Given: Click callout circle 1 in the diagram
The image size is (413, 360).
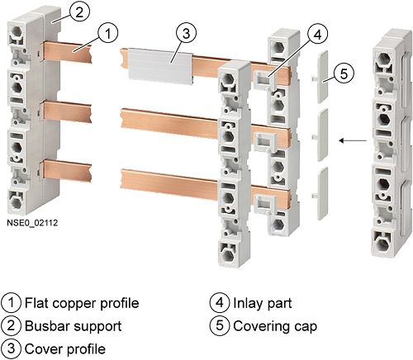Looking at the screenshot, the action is pyautogui.click(x=107, y=33).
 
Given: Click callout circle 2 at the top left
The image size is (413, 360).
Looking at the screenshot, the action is pyautogui.click(x=79, y=12).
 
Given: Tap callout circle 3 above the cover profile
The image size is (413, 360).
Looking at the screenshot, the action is pyautogui.click(x=186, y=34).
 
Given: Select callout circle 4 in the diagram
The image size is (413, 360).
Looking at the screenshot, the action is pyautogui.click(x=317, y=35).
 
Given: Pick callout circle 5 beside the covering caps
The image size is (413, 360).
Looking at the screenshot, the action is pyautogui.click(x=344, y=73).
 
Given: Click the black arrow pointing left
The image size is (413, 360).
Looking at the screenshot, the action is pyautogui.click(x=353, y=140).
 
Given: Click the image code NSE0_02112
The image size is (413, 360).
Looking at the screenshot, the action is pyautogui.click(x=32, y=223).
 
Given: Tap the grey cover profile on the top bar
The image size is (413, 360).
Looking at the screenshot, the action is pyautogui.click(x=160, y=65).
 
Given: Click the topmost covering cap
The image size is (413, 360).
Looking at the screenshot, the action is pyautogui.click(x=321, y=77).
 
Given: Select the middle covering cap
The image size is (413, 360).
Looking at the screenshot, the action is pyautogui.click(x=321, y=135).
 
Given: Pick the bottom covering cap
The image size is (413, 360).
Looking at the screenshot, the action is pyautogui.click(x=321, y=193).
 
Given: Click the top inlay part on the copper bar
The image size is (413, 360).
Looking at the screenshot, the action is pyautogui.click(x=263, y=79).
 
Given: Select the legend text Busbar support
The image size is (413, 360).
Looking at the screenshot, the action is pyautogui.click(x=74, y=326).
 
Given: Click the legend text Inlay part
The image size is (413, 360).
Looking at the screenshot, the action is pyautogui.click(x=263, y=303).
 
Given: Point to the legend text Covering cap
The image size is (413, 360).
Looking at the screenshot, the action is pyautogui.click(x=275, y=326).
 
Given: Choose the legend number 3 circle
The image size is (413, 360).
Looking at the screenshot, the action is pyautogui.click(x=11, y=348).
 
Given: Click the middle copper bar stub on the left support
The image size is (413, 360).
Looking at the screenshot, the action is pyautogui.click(x=66, y=111).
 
